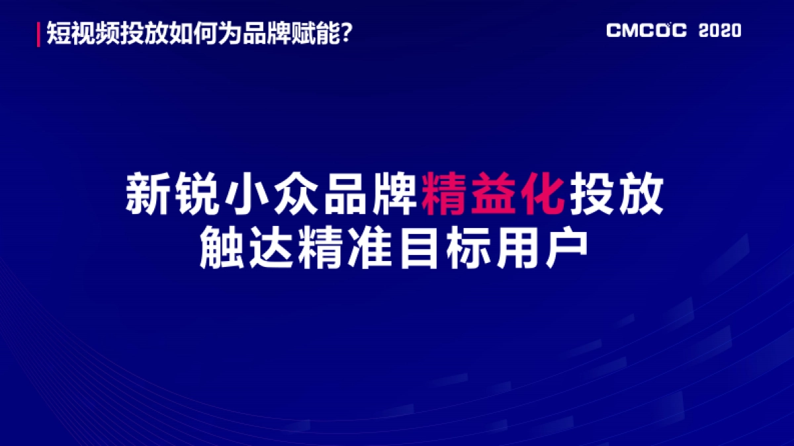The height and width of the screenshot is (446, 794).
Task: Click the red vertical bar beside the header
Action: pos(39,34)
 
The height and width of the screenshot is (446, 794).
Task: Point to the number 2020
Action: pos(720,31)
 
